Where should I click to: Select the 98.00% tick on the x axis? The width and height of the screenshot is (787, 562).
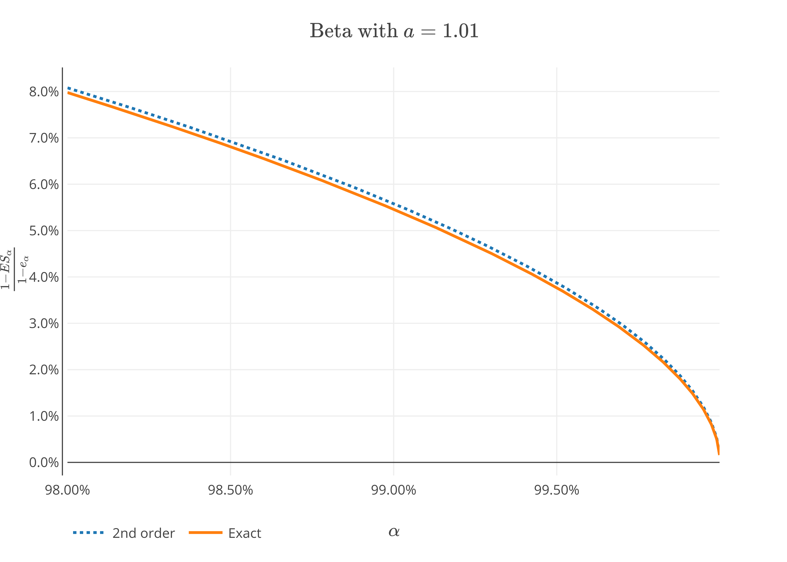[67, 490]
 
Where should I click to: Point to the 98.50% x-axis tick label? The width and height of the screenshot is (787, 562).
[230, 490]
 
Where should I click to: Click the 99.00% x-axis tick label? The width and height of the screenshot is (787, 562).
[393, 490]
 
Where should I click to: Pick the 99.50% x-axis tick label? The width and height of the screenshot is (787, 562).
[557, 490]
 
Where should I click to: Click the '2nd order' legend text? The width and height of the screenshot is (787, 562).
[144, 533]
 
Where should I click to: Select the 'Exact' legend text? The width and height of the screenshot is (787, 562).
[245, 533]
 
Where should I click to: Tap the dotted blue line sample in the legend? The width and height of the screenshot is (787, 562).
[88, 533]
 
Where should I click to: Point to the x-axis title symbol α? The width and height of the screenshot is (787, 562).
[394, 531]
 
